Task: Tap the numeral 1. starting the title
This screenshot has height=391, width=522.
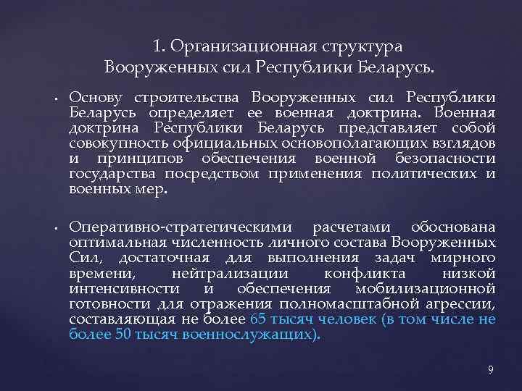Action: tap(159, 47)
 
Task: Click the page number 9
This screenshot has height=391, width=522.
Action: tap(491, 370)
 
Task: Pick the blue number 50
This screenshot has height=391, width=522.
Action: tap(123, 335)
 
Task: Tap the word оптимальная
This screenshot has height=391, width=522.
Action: tap(113, 243)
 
